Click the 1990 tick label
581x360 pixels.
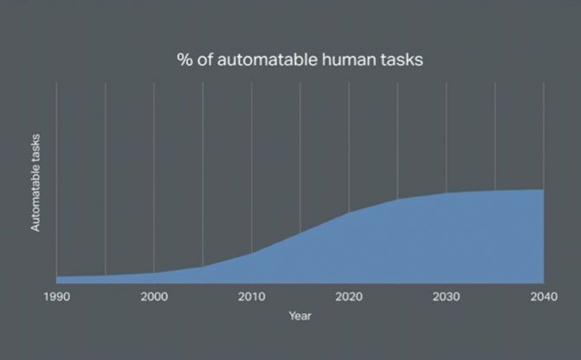[56, 297]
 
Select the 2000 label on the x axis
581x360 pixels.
[154, 297]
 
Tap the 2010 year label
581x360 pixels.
[252, 297]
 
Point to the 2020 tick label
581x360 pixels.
[349, 297]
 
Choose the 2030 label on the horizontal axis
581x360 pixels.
[447, 297]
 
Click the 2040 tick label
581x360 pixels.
[544, 297]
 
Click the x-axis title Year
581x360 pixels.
[300, 316]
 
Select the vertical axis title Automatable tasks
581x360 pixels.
[36, 183]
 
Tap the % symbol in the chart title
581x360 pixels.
[185, 60]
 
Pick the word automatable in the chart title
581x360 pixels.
[268, 60]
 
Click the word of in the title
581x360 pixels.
[205, 60]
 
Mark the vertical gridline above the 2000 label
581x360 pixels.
[154, 177]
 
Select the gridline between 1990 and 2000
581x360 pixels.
[106, 179]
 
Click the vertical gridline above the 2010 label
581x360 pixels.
[252, 168]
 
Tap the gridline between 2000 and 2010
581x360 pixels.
[203, 175]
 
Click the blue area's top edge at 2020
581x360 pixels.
[349, 212]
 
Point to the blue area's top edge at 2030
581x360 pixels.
[447, 193]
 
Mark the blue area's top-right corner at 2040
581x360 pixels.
[544, 190]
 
